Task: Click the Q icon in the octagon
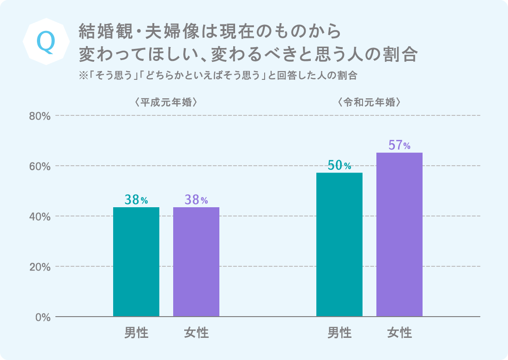[45, 42]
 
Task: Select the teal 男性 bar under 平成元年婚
[136, 262]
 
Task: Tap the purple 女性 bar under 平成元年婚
[196, 262]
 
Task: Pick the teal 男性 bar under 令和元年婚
[339, 245]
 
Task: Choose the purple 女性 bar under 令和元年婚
[399, 234]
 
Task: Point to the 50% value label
[339, 165]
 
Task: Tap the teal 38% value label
[136, 200]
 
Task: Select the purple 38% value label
[196, 200]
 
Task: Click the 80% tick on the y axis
[40, 116]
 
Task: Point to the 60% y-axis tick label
[40, 166]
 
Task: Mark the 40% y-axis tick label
[40, 216]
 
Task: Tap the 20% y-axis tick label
[40, 267]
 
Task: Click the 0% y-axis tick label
[42, 317]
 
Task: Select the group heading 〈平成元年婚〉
[166, 102]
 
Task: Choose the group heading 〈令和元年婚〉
[369, 102]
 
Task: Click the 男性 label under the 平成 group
[136, 332]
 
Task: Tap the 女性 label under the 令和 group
[399, 332]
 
